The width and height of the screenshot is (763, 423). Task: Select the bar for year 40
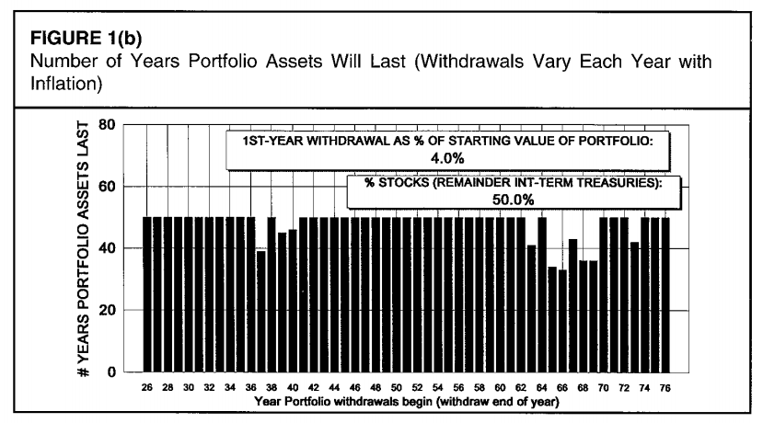(293, 303)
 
